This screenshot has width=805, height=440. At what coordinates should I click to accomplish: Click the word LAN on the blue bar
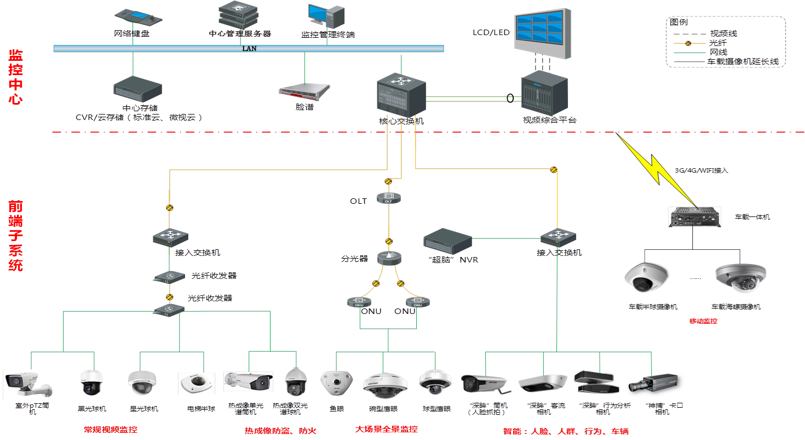pos(249,48)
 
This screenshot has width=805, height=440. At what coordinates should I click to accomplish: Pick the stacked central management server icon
pos(238,15)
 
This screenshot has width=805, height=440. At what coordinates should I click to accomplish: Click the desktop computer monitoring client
pos(326,18)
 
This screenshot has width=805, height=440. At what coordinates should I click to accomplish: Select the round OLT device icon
pos(389,198)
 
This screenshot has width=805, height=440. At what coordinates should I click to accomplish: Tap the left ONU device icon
pos(359,301)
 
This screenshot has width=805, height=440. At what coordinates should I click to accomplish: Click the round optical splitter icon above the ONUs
pos(389,257)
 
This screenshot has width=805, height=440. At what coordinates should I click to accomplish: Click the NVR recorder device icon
pos(448,239)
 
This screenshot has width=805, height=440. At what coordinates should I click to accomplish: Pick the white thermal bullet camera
pos(249,381)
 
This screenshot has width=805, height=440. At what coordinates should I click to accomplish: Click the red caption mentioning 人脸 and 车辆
pos(566,431)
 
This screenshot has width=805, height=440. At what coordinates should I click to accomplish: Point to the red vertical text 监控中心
pos(15,77)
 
